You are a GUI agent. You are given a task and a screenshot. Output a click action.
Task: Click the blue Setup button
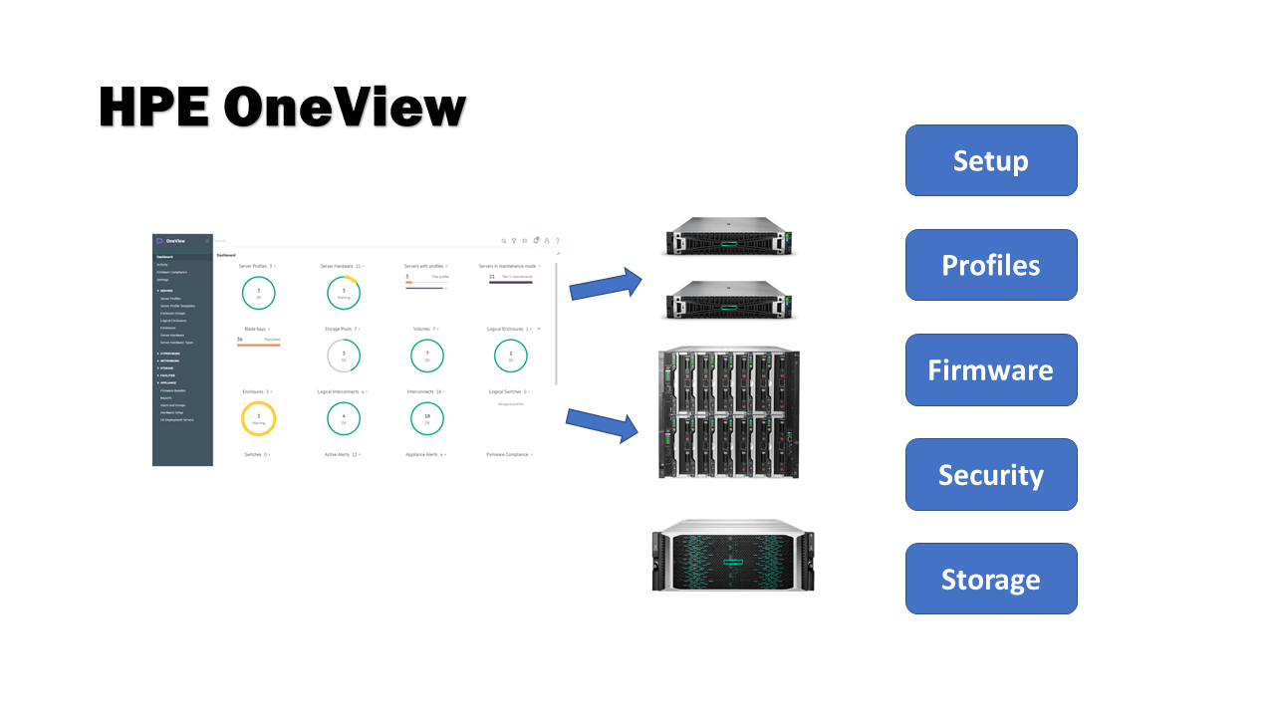click(x=990, y=160)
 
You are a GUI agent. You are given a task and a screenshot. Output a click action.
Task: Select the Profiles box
click(x=990, y=265)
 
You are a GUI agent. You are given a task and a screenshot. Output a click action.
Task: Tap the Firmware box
click(x=990, y=369)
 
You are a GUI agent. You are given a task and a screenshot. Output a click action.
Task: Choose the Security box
click(x=990, y=474)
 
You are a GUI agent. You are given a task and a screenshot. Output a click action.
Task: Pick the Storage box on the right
click(x=990, y=579)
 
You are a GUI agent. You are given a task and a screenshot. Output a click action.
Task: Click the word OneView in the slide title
click(x=344, y=107)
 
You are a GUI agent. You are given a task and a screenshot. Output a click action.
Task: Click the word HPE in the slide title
click(x=154, y=107)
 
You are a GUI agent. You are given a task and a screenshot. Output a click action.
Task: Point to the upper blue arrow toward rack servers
click(x=607, y=284)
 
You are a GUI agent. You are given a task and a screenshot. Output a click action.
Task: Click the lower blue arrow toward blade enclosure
click(x=603, y=423)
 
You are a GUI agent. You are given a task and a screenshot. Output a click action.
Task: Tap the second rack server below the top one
click(x=732, y=300)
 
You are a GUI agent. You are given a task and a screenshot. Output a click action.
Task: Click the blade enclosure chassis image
click(x=729, y=411)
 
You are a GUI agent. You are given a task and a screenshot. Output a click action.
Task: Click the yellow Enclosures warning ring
click(x=258, y=419)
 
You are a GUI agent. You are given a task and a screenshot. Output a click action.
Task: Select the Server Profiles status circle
click(x=258, y=293)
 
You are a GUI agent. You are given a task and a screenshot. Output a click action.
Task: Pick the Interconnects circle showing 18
click(x=427, y=419)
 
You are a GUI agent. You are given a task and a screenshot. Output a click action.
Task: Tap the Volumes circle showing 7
click(x=427, y=356)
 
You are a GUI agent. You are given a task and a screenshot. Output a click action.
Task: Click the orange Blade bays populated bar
click(x=258, y=345)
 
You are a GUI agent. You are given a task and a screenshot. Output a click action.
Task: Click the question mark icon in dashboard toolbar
click(x=557, y=241)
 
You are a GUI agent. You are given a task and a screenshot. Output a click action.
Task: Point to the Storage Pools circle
click(x=344, y=356)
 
